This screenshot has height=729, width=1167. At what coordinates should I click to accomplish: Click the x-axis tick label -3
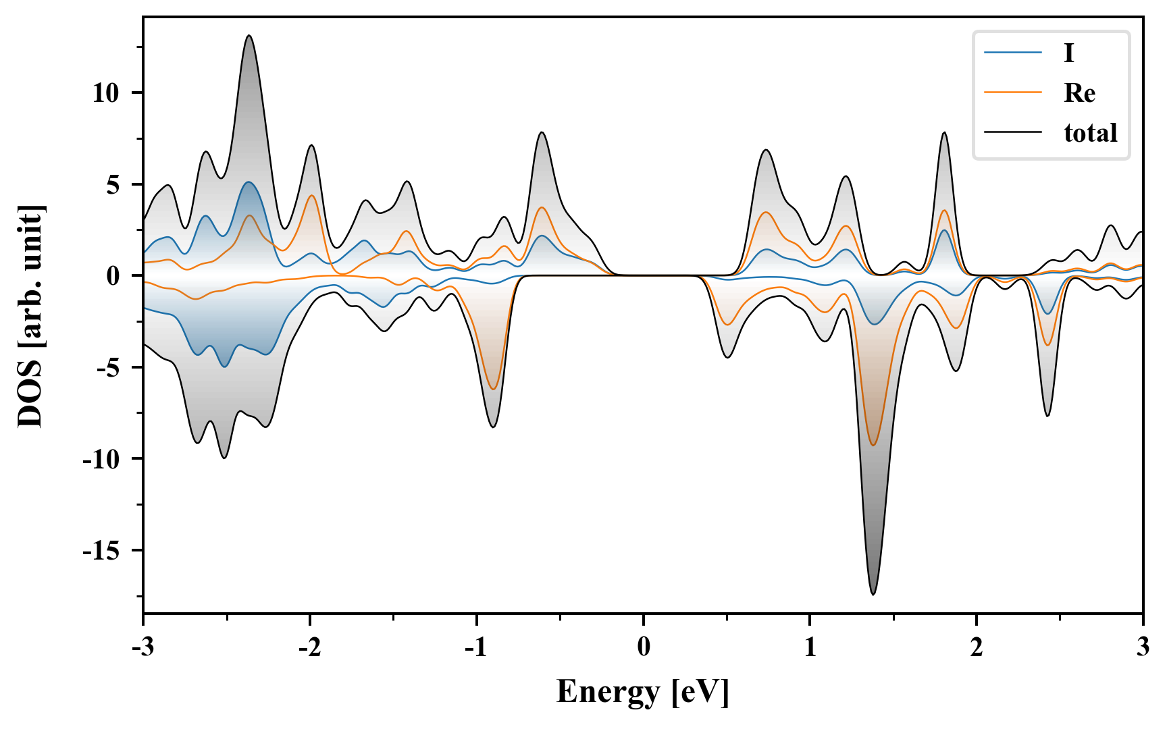[142, 647]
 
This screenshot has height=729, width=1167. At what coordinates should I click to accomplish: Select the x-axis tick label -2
[309, 647]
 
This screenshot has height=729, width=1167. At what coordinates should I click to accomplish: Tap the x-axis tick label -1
[476, 647]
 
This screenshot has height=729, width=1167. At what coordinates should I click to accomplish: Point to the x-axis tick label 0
[644, 647]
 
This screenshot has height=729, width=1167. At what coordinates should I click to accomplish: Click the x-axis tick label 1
[810, 647]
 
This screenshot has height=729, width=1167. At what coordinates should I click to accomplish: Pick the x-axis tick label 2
[977, 647]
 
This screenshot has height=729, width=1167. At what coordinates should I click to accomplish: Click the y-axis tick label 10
[106, 93]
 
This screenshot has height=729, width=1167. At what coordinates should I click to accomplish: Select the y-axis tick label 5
[113, 184]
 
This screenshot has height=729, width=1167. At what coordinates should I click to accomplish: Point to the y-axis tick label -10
[101, 459]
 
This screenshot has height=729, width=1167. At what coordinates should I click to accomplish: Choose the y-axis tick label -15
[101, 551]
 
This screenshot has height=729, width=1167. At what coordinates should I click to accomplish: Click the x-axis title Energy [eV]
[643, 692]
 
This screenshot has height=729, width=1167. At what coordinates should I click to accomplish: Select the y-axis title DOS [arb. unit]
[30, 315]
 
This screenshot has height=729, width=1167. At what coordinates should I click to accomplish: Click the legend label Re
[1079, 92]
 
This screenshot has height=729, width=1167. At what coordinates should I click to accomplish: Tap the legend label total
[1091, 133]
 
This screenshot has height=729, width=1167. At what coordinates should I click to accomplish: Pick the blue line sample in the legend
[1012, 53]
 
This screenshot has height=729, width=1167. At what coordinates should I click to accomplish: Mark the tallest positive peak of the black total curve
[249, 36]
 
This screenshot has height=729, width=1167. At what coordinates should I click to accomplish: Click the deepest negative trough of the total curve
[873, 594]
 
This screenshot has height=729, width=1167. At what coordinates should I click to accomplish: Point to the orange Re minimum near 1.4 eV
[873, 445]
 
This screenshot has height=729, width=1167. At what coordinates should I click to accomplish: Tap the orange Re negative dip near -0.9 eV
[494, 389]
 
